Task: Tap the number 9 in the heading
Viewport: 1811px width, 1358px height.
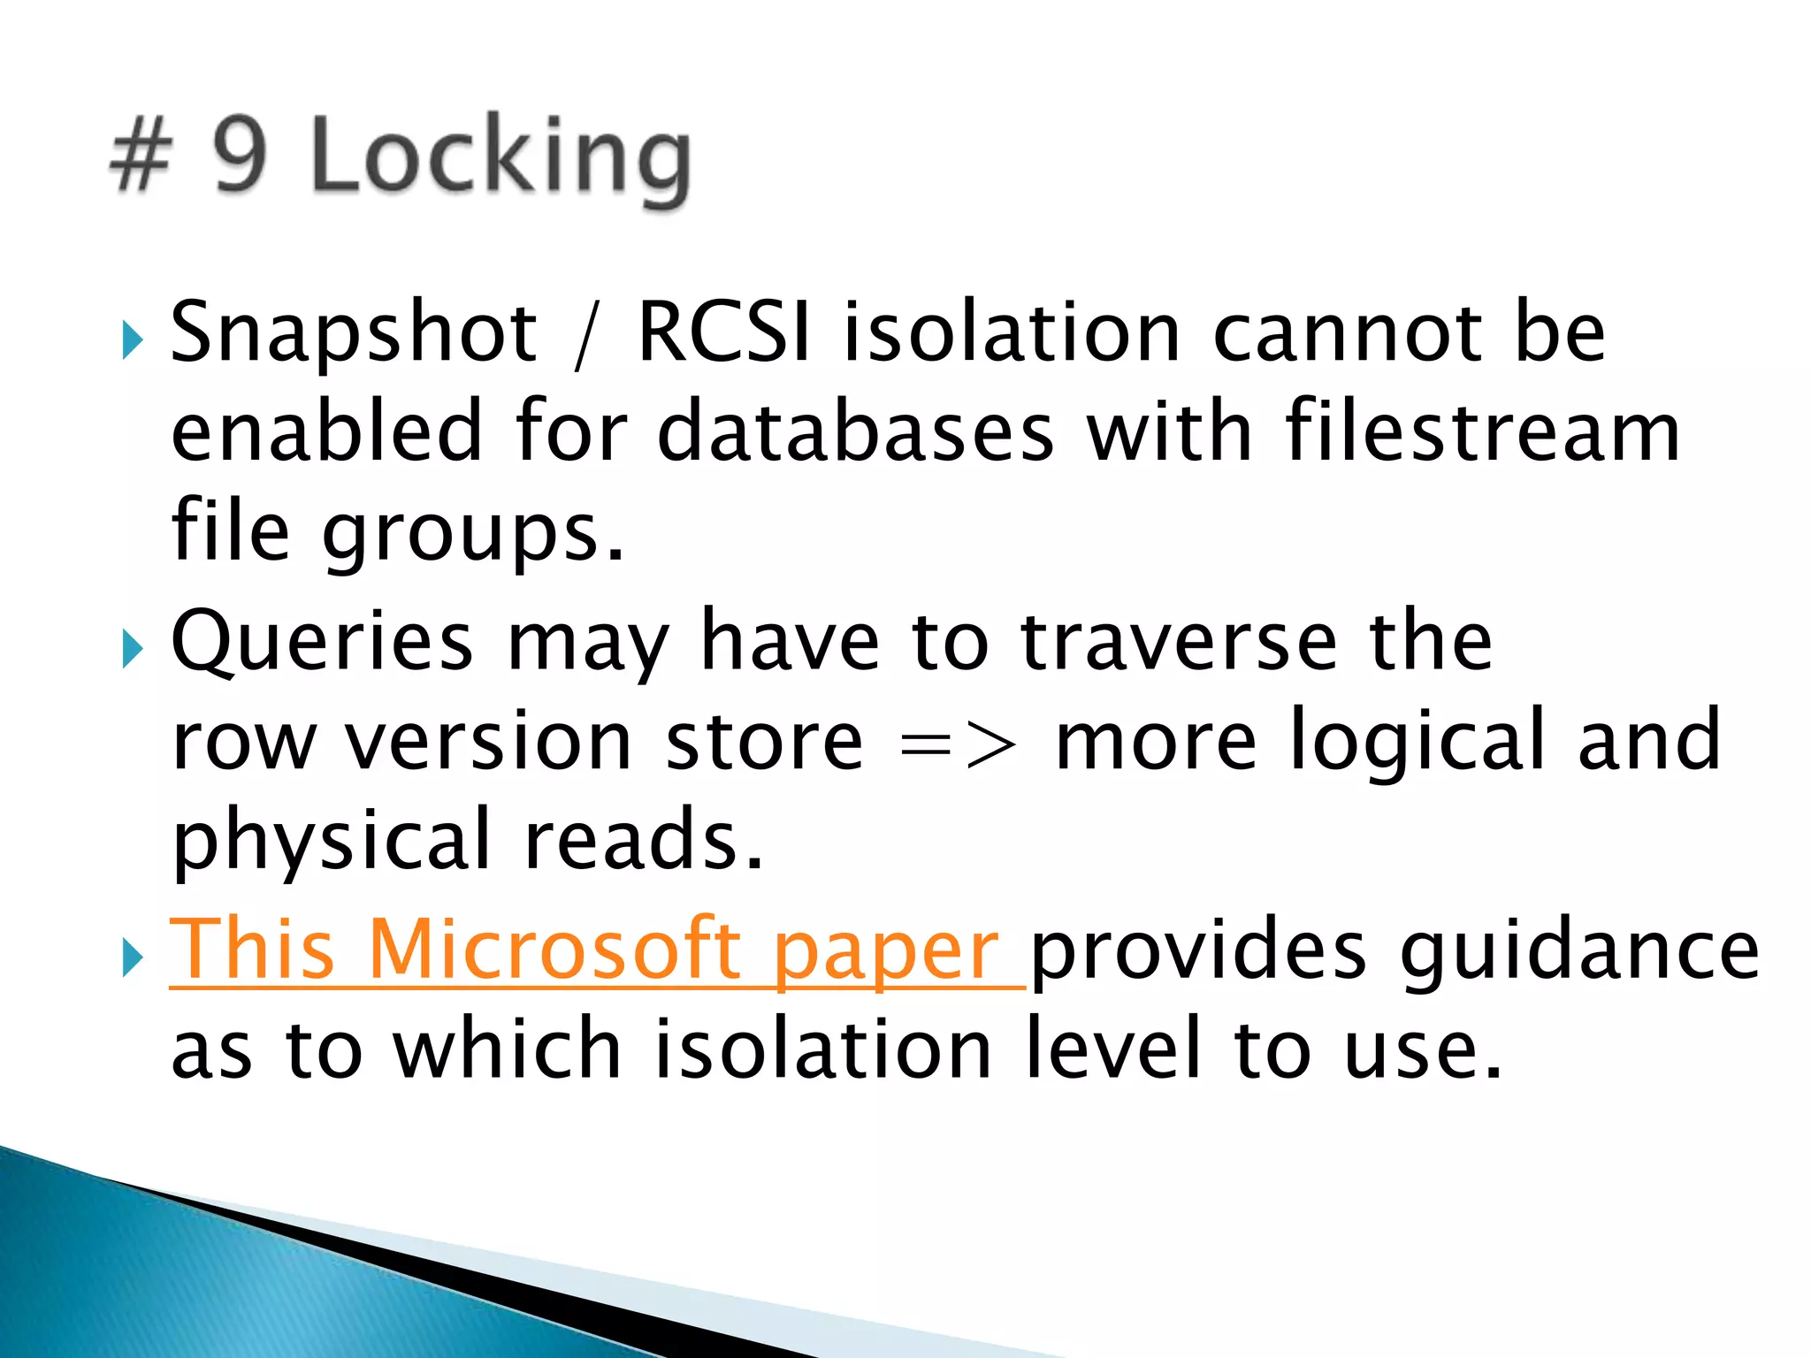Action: (x=240, y=155)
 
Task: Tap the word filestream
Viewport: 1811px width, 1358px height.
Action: (x=1482, y=431)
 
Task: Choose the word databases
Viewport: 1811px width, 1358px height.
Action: (x=855, y=431)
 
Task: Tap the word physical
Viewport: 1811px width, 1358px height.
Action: (x=332, y=840)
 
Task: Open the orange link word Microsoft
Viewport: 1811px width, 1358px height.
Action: (x=554, y=949)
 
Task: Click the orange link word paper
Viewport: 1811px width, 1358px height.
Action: (x=886, y=953)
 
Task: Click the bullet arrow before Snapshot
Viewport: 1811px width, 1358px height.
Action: (x=133, y=339)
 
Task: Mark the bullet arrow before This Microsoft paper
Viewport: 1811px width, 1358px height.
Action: (x=133, y=957)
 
